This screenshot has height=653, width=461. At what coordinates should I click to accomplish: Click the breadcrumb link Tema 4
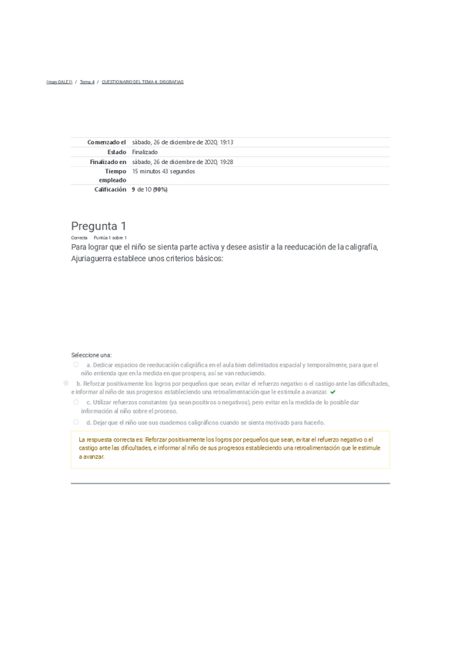[87, 82]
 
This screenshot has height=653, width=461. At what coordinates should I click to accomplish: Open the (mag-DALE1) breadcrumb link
[59, 82]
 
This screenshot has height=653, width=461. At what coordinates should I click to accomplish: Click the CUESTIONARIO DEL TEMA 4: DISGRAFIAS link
[142, 82]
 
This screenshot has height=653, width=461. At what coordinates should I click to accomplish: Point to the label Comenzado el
[107, 142]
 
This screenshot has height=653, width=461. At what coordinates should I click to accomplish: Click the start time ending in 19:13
[182, 142]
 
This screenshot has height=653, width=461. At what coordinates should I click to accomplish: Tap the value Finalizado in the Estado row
[145, 152]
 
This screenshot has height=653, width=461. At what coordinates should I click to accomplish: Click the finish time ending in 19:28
[182, 162]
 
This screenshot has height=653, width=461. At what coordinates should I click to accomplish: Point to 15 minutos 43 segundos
[164, 172]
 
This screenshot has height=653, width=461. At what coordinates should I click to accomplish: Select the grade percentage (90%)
[159, 189]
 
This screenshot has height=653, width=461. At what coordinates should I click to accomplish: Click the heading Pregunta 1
[99, 226]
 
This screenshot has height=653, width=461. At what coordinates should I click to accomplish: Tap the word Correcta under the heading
[79, 238]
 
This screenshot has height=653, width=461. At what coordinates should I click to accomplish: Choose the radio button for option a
[76, 365]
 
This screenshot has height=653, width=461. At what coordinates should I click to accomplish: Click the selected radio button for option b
[66, 383]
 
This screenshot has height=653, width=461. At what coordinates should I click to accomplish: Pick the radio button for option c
[76, 402]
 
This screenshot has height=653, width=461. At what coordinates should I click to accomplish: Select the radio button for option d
[76, 422]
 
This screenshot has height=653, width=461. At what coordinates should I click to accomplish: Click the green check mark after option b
[332, 392]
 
